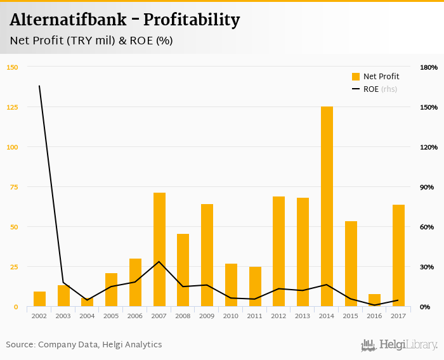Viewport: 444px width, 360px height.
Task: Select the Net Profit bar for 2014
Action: (327, 207)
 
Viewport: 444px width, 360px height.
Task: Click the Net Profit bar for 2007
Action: (159, 250)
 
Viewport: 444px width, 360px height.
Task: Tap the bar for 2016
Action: (374, 300)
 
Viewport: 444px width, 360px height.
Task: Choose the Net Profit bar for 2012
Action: (278, 252)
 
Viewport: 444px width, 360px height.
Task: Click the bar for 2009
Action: (207, 255)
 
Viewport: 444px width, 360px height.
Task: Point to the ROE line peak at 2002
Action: (39, 86)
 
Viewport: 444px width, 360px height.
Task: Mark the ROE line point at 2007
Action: (159, 262)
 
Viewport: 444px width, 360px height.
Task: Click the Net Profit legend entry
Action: (375, 77)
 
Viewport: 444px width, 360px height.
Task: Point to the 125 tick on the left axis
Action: (13, 107)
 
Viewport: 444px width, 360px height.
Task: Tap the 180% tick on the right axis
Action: (429, 67)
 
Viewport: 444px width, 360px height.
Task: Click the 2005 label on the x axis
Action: (111, 316)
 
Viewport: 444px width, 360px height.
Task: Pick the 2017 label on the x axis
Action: (398, 316)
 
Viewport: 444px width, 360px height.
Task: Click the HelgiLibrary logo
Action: (400, 345)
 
